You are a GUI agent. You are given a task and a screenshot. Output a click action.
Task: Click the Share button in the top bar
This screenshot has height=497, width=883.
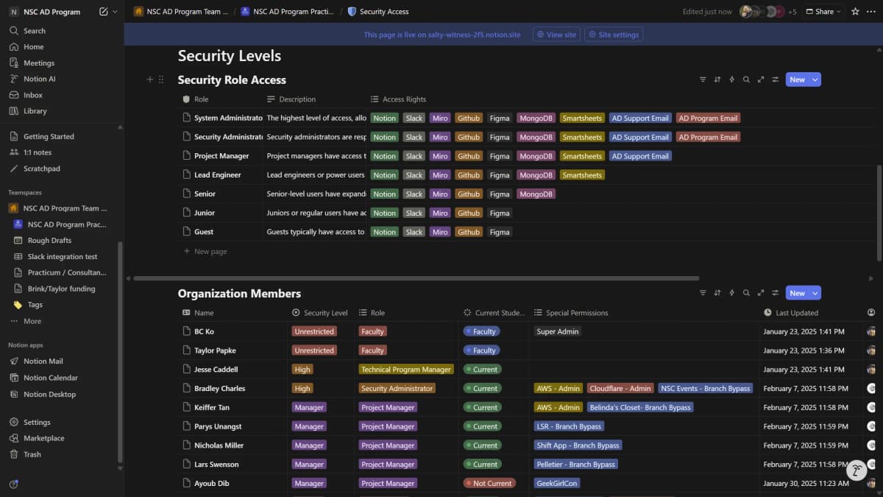click(x=823, y=12)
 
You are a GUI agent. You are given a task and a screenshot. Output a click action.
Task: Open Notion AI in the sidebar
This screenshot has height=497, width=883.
click(x=39, y=79)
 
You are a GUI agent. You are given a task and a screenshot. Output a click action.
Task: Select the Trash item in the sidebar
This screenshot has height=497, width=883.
click(x=32, y=454)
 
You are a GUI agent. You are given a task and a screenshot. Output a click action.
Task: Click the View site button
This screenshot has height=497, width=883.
click(x=556, y=35)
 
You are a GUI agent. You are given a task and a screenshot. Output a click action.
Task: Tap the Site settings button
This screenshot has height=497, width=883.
click(x=613, y=35)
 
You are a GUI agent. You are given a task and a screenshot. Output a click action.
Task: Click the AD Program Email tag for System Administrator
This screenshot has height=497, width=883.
click(x=708, y=118)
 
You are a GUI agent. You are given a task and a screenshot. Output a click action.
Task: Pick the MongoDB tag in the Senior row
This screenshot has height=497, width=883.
click(x=535, y=194)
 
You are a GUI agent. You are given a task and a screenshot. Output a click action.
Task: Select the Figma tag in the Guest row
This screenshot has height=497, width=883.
click(x=499, y=232)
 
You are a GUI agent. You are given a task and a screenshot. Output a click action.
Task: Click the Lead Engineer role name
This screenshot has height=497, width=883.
click(x=217, y=175)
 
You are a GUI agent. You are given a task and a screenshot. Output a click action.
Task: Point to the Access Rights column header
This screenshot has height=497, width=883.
click(x=403, y=99)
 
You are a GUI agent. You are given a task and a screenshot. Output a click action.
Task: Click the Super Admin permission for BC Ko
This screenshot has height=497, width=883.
click(x=557, y=332)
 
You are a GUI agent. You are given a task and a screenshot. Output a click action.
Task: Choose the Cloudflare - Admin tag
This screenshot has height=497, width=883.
click(x=620, y=389)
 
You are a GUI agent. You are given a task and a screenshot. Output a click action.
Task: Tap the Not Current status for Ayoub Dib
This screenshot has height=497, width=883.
click(x=489, y=484)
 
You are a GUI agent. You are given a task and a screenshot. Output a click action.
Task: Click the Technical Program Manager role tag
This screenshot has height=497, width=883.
click(x=405, y=370)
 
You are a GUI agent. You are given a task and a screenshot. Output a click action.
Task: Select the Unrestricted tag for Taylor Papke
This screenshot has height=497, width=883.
click(x=314, y=351)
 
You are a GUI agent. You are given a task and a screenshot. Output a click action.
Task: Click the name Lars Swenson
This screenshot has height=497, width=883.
click(x=216, y=465)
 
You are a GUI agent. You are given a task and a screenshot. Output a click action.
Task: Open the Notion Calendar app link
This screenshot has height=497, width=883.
click(x=50, y=378)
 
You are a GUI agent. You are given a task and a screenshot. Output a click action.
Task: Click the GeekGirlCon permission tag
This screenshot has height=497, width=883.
click(x=556, y=484)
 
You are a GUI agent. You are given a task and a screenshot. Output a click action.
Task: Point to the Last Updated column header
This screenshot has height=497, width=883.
click(x=796, y=313)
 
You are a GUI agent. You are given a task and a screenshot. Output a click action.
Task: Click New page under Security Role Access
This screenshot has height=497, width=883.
click(x=210, y=252)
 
